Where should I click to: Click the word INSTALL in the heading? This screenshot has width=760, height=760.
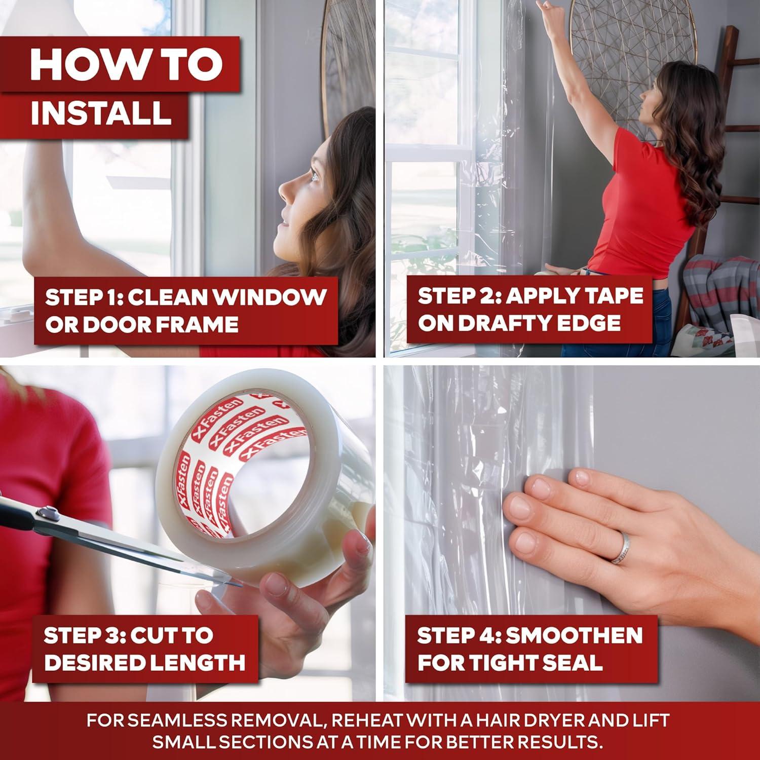(100, 113)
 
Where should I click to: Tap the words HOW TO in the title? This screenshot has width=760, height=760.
(126, 64)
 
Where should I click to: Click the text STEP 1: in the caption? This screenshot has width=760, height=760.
(81, 297)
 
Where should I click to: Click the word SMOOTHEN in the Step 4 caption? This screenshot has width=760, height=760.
(574, 635)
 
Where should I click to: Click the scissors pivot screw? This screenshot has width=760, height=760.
(50, 513)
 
